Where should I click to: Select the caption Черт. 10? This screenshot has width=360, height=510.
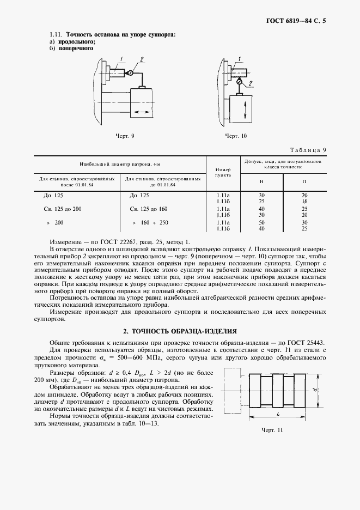coord(236,136)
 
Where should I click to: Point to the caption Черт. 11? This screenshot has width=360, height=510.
coord(272,430)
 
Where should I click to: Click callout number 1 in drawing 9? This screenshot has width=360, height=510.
coord(122,58)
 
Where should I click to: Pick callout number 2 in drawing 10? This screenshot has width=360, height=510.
coord(251,83)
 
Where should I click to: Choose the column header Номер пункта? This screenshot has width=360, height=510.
coord(223,173)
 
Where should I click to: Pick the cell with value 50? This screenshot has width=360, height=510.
coord(261,222)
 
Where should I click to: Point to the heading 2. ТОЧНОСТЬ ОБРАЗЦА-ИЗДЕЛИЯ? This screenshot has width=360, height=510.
coord(180,331)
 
